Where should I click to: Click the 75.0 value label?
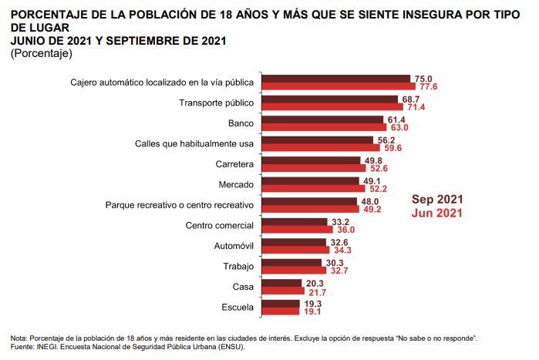coord(423,79)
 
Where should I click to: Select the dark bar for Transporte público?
coord(329,99)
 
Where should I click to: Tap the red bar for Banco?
coord(324,127)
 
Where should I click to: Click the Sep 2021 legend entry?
coord(437,198)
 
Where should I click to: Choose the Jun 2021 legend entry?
coord(437,213)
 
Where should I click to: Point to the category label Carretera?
coord(236,164)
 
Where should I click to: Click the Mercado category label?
coord(237,184)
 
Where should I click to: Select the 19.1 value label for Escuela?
coord(312,313)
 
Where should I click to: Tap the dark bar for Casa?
coord(281,283)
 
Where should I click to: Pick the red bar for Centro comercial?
coord(297,230)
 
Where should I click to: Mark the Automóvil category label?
coord(234,246)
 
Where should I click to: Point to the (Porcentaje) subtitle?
coord(42,54)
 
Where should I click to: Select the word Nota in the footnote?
coord(19,338)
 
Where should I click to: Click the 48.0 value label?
coord(369,201)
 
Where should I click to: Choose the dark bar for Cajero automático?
coord(335,79)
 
